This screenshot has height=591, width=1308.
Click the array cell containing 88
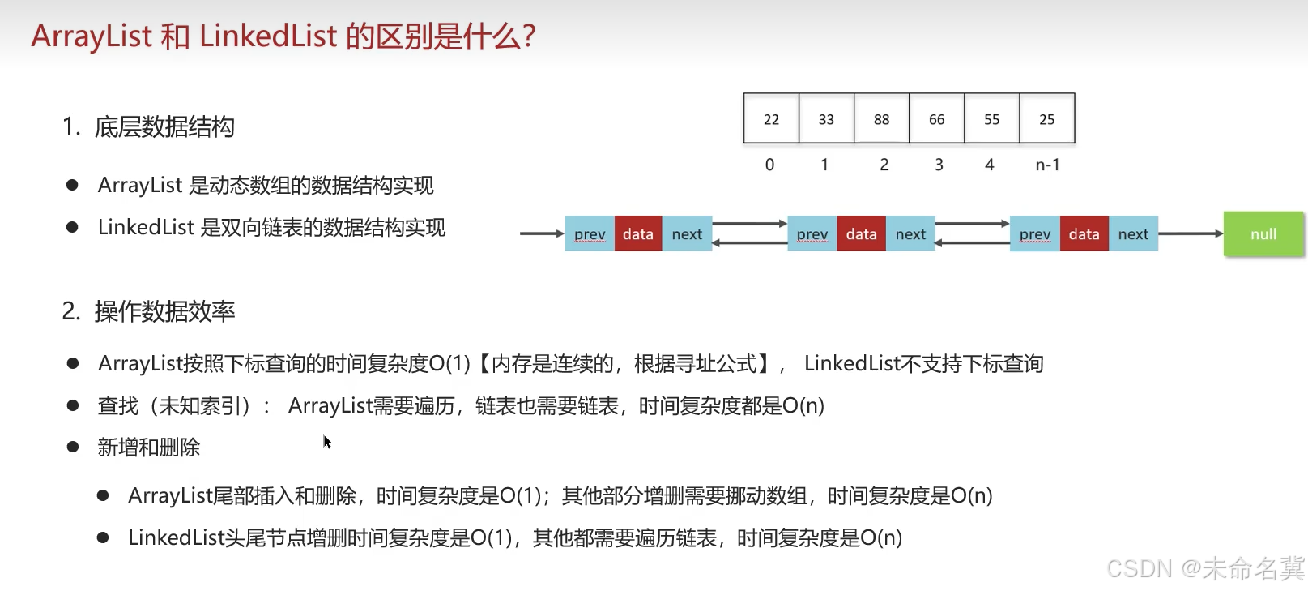881,119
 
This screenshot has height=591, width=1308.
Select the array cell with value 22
771,119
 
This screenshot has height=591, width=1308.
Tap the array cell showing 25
1046,119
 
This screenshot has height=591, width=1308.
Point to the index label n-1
1047,165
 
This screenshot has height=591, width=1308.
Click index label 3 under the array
939,165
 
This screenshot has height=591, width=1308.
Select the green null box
1263,234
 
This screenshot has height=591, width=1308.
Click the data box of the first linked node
638,234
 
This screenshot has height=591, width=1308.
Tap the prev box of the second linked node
812,234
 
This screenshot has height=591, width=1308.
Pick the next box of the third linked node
1133,234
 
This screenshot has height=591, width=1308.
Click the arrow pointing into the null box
1191,233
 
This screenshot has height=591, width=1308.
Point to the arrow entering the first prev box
541,233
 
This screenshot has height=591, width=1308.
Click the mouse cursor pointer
326,441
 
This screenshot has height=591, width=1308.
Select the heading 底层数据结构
164,127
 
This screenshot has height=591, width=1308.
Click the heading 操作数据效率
164,311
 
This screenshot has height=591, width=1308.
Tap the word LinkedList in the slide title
268,36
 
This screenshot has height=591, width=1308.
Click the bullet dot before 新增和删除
73,447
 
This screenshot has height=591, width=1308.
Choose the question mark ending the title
529,36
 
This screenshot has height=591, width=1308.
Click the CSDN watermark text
1205,568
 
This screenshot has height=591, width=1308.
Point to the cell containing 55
991,119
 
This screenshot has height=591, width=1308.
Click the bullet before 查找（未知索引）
73,405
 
